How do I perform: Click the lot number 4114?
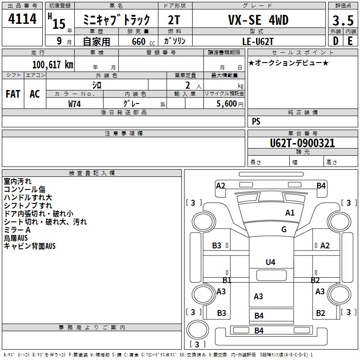[22, 19]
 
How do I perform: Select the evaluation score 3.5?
[342, 21]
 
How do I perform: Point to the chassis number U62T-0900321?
[302, 143]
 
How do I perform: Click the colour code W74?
[75, 104]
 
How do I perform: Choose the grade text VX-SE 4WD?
[258, 20]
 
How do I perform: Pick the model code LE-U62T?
[258, 41]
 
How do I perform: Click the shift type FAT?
[13, 94]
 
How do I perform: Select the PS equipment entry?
[256, 121]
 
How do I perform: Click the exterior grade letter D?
[335, 41]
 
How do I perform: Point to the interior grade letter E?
[350, 41]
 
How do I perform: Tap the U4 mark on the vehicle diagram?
[270, 262]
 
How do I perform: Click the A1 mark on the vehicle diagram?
[290, 213]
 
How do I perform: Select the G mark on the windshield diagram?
[284, 229]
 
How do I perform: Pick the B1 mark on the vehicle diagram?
[227, 280]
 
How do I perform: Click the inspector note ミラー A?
[17, 230]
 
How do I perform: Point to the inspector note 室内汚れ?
[18, 181]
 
